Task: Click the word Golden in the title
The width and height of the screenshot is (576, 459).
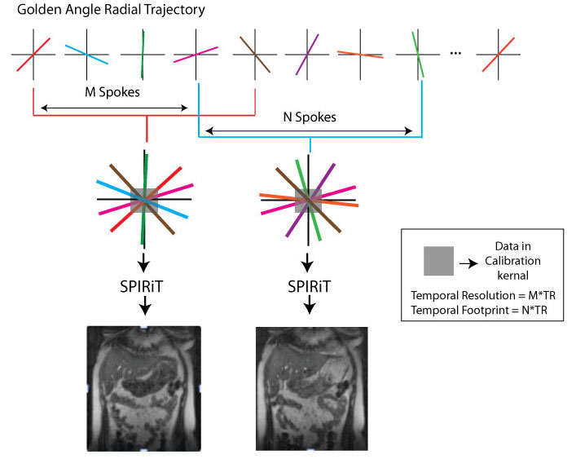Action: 39,9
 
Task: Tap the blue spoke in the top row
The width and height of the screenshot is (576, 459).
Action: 86,55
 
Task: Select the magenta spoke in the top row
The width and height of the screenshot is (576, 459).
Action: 196,55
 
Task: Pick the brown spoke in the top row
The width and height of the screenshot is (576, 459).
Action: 255,55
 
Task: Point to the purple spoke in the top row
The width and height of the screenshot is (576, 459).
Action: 307,55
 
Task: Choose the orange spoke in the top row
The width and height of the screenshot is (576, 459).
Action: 360,55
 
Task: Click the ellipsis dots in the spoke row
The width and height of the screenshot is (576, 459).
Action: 455,53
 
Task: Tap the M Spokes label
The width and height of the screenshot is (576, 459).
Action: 112,92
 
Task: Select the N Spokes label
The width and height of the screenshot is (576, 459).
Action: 310,117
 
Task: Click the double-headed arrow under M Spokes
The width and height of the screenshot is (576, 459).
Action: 114,108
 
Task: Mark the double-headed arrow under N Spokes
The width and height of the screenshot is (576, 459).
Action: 309,130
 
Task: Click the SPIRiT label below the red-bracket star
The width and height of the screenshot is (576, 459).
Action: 142,287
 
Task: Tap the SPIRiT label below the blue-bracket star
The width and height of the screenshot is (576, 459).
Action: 310,287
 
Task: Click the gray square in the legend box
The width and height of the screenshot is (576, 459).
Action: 438,261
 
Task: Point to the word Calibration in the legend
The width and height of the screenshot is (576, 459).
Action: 512,261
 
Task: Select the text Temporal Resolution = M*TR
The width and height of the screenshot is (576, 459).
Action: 483,295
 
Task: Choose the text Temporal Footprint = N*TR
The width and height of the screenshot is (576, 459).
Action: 479,310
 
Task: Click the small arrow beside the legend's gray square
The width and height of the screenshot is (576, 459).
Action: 468,263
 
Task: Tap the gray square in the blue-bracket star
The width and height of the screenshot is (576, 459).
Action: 308,201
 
